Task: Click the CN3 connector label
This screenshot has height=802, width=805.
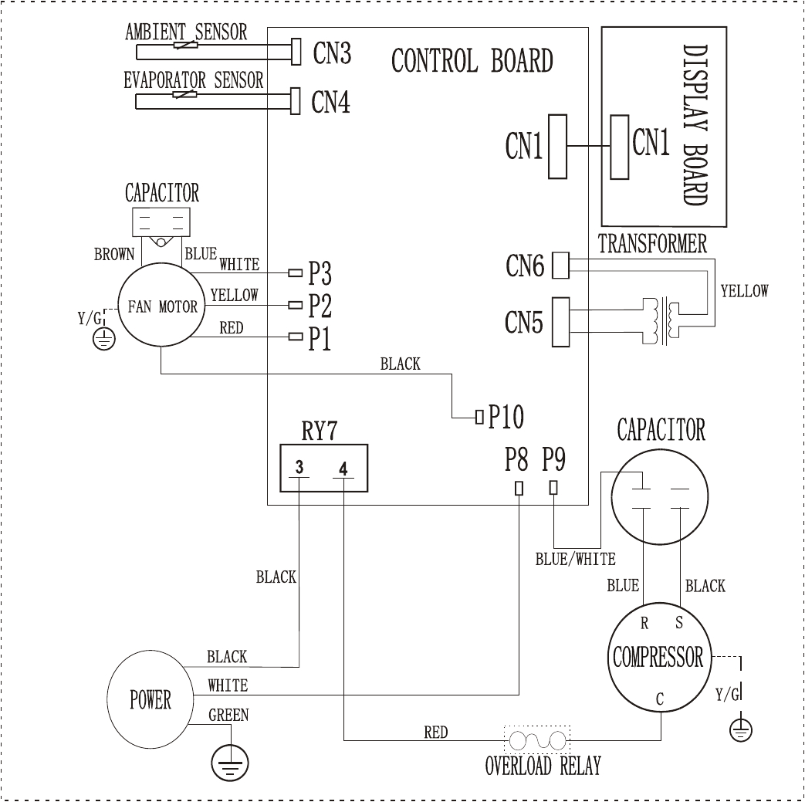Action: [332, 54]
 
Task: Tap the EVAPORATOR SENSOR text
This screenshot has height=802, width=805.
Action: [194, 80]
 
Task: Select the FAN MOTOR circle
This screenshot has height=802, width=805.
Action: [157, 306]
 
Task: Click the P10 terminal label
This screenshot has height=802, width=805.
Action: [506, 418]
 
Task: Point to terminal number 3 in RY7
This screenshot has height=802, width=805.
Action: [299, 468]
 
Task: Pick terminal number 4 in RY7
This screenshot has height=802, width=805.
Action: [343, 468]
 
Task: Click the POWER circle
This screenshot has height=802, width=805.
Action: [150, 700]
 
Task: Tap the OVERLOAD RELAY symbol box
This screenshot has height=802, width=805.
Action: [537, 741]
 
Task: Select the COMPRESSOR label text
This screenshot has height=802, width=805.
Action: [658, 658]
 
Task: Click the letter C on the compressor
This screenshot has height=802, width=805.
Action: [660, 700]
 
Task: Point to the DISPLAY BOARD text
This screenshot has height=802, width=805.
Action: [695, 125]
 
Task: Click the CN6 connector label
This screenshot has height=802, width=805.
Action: [525, 267]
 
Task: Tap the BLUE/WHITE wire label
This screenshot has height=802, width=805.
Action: [575, 560]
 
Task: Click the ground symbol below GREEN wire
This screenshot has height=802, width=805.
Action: [230, 763]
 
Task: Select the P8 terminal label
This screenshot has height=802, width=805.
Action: [516, 461]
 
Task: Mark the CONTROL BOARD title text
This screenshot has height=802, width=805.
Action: [472, 61]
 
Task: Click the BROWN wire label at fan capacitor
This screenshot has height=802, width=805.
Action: [114, 255]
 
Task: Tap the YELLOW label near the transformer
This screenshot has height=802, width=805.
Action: [744, 291]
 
